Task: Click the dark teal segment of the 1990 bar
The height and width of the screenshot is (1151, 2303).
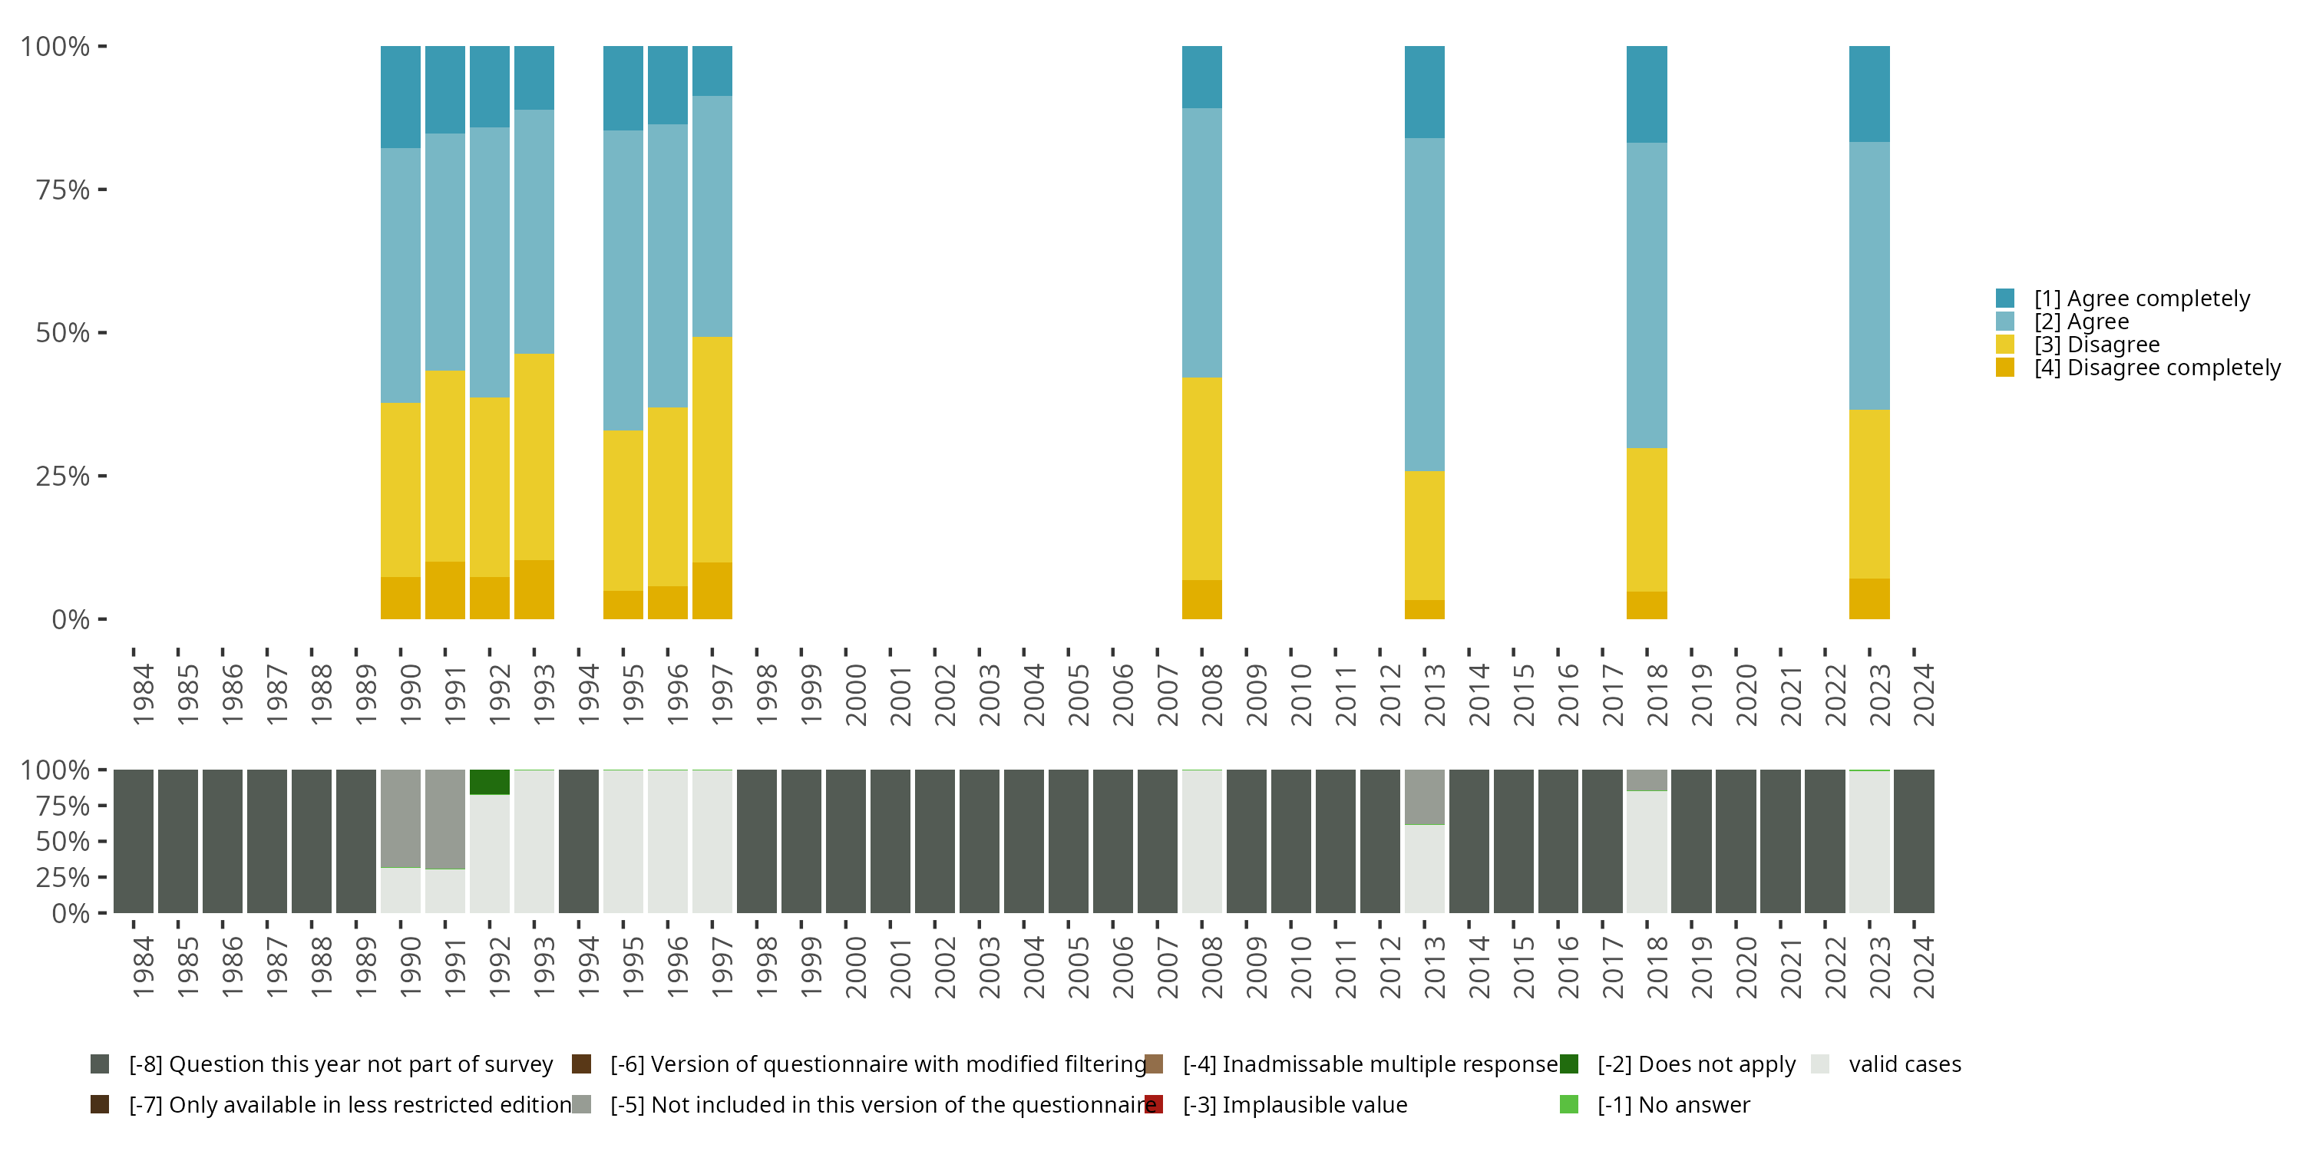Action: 401,97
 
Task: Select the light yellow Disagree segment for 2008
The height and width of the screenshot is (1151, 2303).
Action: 1201,478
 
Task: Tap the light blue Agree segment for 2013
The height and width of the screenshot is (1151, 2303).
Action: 1424,304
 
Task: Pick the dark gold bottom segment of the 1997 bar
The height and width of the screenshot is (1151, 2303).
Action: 712,590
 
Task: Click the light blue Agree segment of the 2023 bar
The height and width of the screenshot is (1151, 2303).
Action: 1869,275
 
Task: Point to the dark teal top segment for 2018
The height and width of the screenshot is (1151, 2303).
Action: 1647,94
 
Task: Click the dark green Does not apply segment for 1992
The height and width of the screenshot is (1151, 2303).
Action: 490,782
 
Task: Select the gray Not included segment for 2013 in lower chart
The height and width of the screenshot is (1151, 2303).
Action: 1424,796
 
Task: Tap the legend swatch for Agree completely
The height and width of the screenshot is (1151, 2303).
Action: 2005,298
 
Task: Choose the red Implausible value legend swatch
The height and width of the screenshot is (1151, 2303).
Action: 1154,1104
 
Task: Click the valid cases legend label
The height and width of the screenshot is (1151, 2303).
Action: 1905,1064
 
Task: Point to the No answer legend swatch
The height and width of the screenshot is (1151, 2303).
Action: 1569,1104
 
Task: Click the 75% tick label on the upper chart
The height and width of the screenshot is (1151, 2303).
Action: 63,190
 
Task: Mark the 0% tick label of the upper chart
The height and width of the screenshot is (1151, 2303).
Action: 71,619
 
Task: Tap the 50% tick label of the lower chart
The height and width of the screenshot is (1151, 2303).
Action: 63,842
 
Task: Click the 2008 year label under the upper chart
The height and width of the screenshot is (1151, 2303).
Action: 1211,694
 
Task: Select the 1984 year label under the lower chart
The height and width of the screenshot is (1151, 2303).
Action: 143,967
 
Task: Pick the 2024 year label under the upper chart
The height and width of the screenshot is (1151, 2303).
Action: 1924,694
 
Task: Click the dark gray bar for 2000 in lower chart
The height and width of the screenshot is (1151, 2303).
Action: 846,841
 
